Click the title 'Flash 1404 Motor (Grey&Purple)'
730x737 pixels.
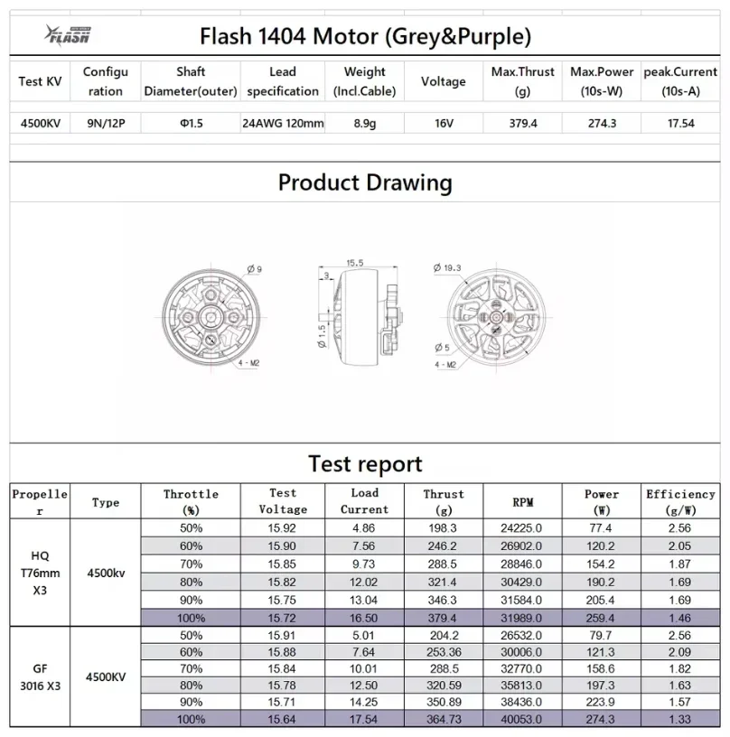click(364, 36)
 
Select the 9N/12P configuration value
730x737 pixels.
click(105, 123)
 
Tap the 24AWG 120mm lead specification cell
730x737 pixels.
click(283, 123)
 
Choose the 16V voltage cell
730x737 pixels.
click(443, 123)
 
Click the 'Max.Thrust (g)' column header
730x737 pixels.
click(522, 81)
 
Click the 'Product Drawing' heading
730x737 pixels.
click(364, 182)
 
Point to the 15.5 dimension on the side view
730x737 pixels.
click(354, 262)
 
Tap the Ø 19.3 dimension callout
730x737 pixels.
click(447, 268)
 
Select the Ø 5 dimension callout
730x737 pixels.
click(442, 347)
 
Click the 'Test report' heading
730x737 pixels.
click(364, 464)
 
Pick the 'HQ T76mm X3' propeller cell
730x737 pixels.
click(40, 572)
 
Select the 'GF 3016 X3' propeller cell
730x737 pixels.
click(40, 676)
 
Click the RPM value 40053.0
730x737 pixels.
click(522, 719)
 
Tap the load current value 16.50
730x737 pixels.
click(364, 618)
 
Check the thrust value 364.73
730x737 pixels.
click(443, 719)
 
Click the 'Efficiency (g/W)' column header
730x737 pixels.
click(679, 501)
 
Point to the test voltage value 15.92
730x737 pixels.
click(283, 527)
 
